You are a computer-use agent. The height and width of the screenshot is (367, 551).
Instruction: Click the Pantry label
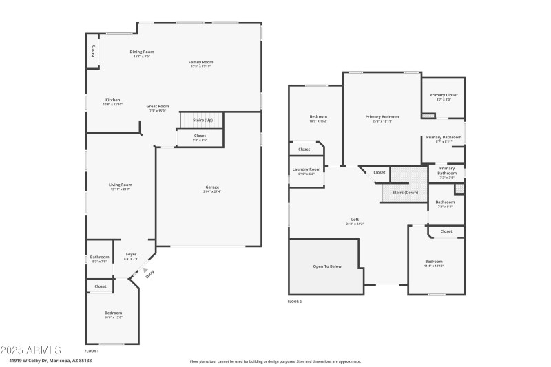click(x=92, y=51)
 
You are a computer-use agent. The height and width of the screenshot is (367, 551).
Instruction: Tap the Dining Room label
click(x=141, y=52)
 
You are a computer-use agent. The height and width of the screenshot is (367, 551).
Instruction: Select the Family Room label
click(x=200, y=63)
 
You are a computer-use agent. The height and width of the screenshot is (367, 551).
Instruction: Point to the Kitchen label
click(x=112, y=100)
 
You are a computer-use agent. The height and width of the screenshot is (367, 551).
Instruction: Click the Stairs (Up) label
click(x=202, y=120)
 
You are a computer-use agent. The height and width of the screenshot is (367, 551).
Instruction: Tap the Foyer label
click(x=130, y=257)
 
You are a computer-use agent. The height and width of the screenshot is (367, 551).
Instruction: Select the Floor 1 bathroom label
click(x=99, y=257)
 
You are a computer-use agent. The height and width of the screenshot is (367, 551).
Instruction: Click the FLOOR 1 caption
click(x=92, y=351)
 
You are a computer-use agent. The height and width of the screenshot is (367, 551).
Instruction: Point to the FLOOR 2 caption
click(x=295, y=302)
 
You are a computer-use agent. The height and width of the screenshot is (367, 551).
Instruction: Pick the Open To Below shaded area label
click(x=327, y=266)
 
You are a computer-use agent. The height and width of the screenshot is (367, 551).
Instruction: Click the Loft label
click(x=355, y=220)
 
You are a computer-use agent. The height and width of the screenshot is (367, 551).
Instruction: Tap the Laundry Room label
click(x=306, y=169)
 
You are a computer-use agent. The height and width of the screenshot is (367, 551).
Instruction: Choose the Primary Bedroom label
click(x=382, y=118)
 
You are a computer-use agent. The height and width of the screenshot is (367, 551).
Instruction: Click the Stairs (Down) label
click(x=405, y=192)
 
